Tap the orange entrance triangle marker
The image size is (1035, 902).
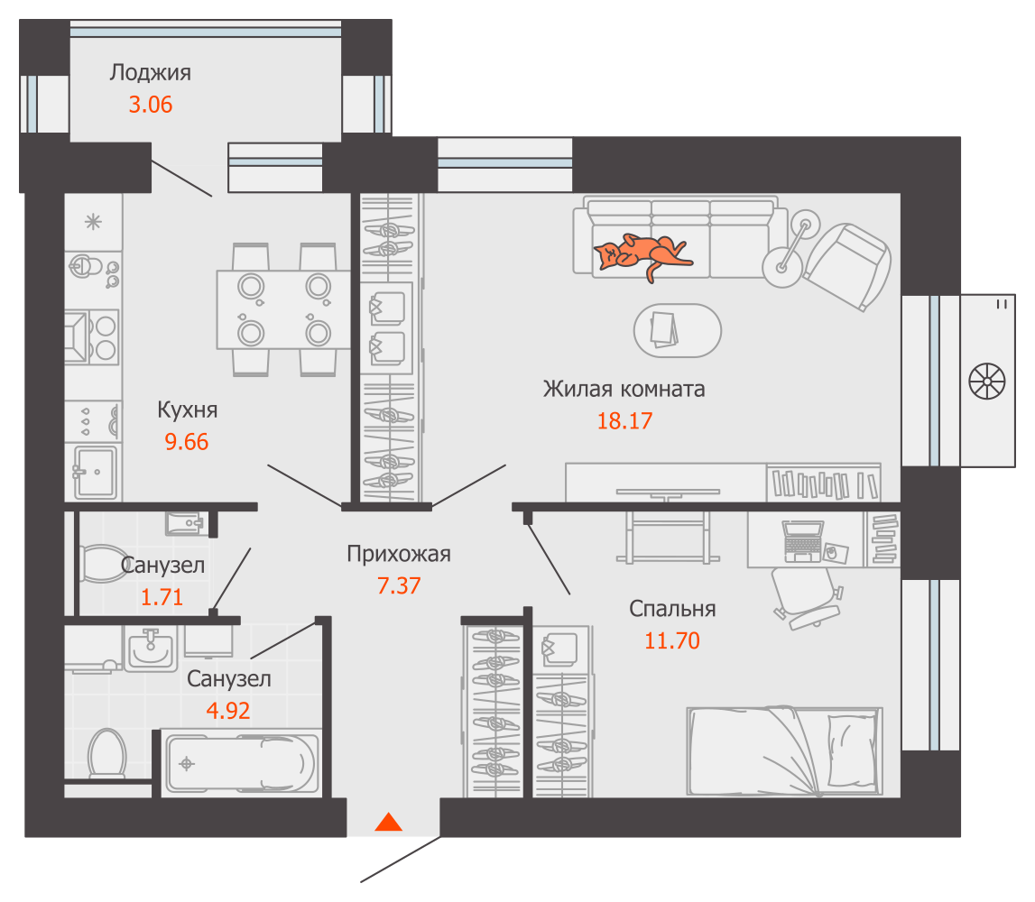tap(389, 822)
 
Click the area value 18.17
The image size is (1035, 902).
tap(624, 420)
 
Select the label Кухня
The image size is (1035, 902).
tap(188, 410)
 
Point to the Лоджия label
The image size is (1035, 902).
tap(151, 72)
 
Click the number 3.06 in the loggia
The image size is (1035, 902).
tap(151, 105)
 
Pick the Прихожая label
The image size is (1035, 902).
tap(399, 554)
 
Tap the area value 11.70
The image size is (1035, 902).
tap(672, 640)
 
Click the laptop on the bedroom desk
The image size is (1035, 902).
tap(803, 541)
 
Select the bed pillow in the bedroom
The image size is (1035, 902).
tap(853, 750)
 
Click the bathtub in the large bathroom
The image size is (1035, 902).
tap(242, 763)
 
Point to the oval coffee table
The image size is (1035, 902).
tap(678, 330)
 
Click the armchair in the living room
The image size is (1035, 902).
tap(847, 265)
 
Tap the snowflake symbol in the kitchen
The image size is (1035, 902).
tap(93, 222)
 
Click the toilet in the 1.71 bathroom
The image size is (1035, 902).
tap(103, 564)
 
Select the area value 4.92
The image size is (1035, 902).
tap(228, 711)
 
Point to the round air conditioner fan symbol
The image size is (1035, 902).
tap(987, 382)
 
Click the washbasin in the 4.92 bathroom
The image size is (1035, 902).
tap(151, 649)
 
